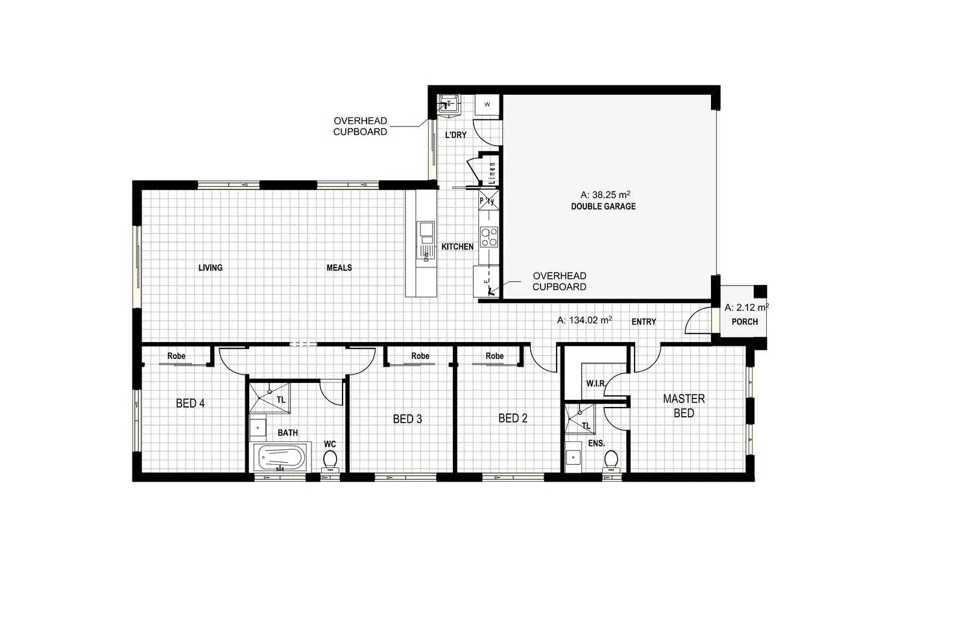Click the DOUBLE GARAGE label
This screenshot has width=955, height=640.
click(x=603, y=206)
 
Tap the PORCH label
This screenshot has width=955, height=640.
click(x=744, y=321)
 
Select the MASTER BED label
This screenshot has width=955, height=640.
click(x=684, y=406)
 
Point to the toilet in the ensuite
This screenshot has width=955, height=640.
click(x=610, y=460)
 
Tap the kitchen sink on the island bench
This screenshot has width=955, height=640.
click(x=426, y=229)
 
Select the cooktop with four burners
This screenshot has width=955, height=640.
click(x=489, y=236)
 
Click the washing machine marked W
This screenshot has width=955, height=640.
click(x=487, y=104)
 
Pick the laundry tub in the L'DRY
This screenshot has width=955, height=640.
click(x=448, y=104)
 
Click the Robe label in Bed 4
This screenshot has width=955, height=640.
click(x=176, y=356)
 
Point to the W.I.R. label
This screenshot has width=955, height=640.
click(x=596, y=384)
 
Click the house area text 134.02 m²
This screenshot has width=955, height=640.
click(x=585, y=320)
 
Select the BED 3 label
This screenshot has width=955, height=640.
click(x=407, y=419)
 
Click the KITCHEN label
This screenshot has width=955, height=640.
click(x=457, y=247)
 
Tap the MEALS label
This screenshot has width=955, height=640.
click(x=339, y=267)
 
